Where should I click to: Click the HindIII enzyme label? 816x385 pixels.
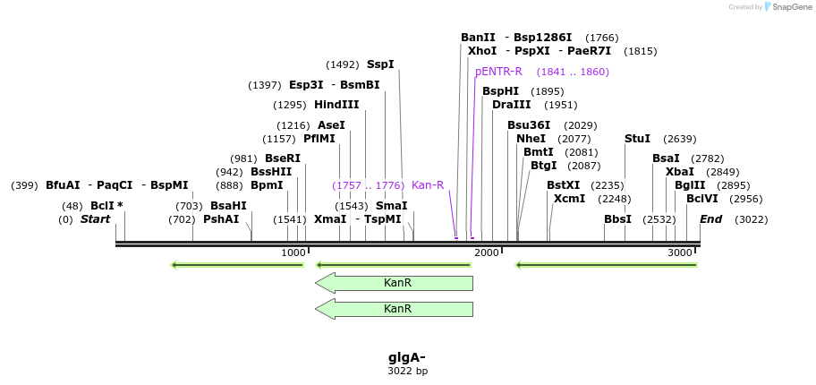tap(336, 105)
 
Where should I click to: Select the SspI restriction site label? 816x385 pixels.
tap(380, 64)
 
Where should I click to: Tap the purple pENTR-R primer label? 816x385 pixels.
tap(498, 72)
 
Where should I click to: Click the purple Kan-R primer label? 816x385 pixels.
tap(428, 185)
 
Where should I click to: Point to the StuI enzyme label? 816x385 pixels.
tap(637, 139)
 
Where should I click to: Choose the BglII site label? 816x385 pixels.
tap(690, 185)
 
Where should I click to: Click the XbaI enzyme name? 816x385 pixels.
tap(680, 172)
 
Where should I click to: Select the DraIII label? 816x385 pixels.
tap(510, 105)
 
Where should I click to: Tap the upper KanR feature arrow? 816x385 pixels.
tap(394, 283)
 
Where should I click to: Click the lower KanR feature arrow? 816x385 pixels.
tap(394, 309)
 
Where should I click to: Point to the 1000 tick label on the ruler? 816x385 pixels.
tap(293, 253)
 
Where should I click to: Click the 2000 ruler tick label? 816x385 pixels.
tap(487, 253)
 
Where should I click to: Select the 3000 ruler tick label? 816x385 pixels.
tap(680, 253)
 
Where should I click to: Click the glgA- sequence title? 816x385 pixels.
tap(407, 357)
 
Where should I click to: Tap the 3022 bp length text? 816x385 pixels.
tap(407, 371)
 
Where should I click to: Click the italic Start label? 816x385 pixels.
tap(96, 219)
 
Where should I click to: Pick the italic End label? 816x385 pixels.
tap(710, 219)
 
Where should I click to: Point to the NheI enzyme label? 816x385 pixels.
tap(531, 139)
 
